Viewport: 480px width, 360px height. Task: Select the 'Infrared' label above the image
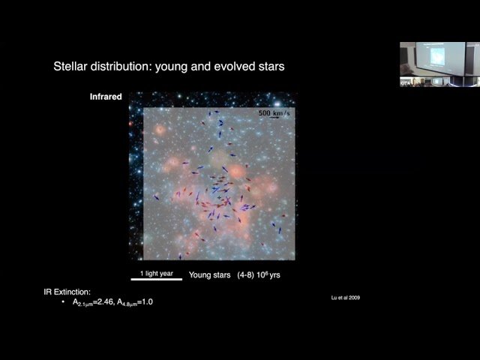tap(106, 97)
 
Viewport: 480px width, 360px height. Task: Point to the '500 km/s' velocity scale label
tap(274, 112)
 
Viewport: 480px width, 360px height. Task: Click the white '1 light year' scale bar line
tap(156, 279)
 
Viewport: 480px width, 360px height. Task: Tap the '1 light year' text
tap(156, 273)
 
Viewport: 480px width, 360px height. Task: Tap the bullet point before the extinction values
tap(63, 301)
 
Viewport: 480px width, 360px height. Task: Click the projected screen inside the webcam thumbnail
tap(439, 58)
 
